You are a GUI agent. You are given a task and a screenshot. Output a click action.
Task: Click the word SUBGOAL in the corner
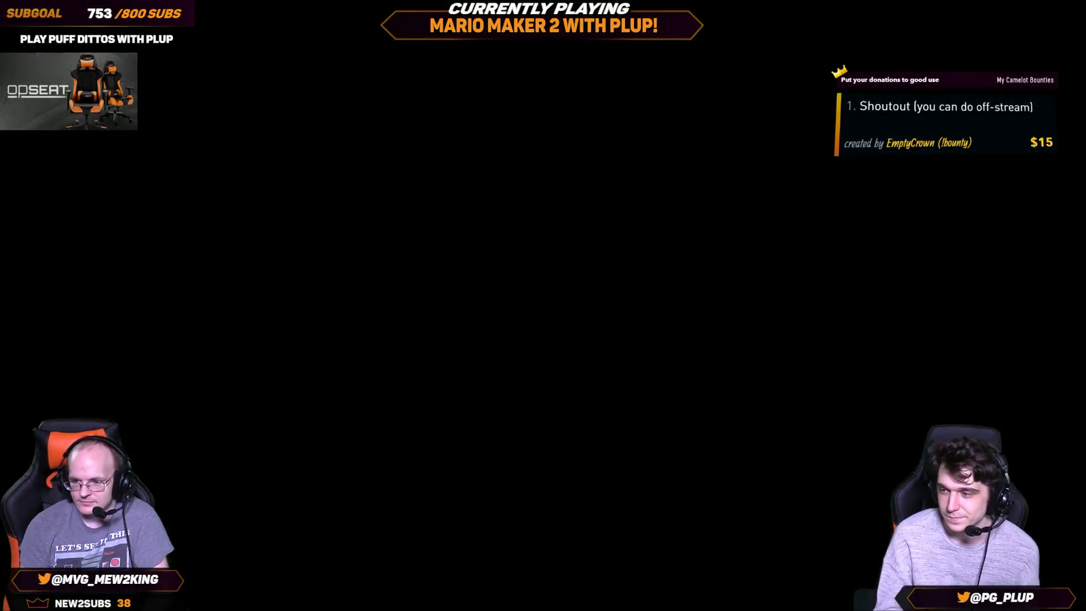pyautogui.click(x=34, y=13)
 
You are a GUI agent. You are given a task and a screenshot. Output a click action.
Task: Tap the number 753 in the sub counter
pyautogui.click(x=100, y=14)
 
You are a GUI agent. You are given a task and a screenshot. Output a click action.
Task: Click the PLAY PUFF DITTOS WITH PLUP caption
pyautogui.click(x=96, y=39)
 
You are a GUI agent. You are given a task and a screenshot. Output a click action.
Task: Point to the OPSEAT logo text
pyautogui.click(x=37, y=91)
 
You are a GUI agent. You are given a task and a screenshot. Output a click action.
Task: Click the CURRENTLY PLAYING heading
pyautogui.click(x=539, y=9)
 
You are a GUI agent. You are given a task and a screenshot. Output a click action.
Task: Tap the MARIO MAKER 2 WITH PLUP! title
pyautogui.click(x=544, y=26)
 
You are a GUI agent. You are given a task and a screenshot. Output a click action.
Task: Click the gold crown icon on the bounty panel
pyautogui.click(x=839, y=72)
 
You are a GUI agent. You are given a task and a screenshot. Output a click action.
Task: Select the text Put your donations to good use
pyautogui.click(x=890, y=80)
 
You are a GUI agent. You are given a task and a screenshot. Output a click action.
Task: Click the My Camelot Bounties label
pyautogui.click(x=1025, y=80)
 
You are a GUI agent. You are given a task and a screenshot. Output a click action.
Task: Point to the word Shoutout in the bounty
pyautogui.click(x=884, y=107)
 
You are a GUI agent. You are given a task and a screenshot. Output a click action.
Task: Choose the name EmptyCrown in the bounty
pyautogui.click(x=910, y=143)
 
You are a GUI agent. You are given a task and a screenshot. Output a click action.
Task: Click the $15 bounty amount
pyautogui.click(x=1041, y=142)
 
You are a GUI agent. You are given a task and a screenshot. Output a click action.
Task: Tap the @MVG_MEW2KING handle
pyautogui.click(x=105, y=580)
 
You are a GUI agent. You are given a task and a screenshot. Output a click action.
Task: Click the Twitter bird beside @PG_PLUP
pyautogui.click(x=963, y=597)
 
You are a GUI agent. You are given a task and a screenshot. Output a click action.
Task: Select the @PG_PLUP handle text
pyautogui.click(x=1002, y=597)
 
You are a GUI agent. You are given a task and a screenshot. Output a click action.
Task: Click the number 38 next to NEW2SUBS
pyautogui.click(x=124, y=604)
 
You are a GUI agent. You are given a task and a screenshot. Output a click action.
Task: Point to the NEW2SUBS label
pyautogui.click(x=83, y=604)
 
